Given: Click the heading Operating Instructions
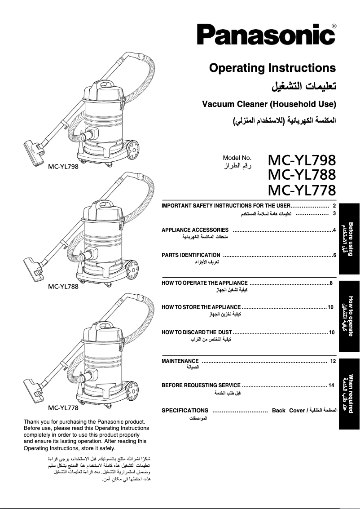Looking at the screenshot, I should tap(272, 68).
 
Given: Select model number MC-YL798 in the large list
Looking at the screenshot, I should tap(302, 160).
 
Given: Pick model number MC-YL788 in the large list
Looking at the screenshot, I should tap(302, 175).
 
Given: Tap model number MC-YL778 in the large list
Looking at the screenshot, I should tap(302, 190).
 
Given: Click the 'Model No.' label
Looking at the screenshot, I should tap(237, 158).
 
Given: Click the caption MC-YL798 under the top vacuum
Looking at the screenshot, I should tap(63, 166).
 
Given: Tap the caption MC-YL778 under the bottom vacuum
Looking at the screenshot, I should tap(63, 408).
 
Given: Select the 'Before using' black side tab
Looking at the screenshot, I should tap(349, 238).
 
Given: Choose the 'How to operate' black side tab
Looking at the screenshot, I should tap(349, 316).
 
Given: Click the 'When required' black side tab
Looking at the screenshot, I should tap(349, 394).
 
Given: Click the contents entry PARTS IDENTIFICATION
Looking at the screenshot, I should tap(191, 255).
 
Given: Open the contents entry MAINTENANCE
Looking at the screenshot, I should tap(180, 361).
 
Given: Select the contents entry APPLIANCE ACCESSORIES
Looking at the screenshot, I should tap(195, 230).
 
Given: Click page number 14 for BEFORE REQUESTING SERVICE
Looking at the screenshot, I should tap(331, 385).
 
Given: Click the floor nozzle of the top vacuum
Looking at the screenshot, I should tap(34, 146).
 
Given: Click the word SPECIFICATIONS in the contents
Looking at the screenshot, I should tap(185, 410).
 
